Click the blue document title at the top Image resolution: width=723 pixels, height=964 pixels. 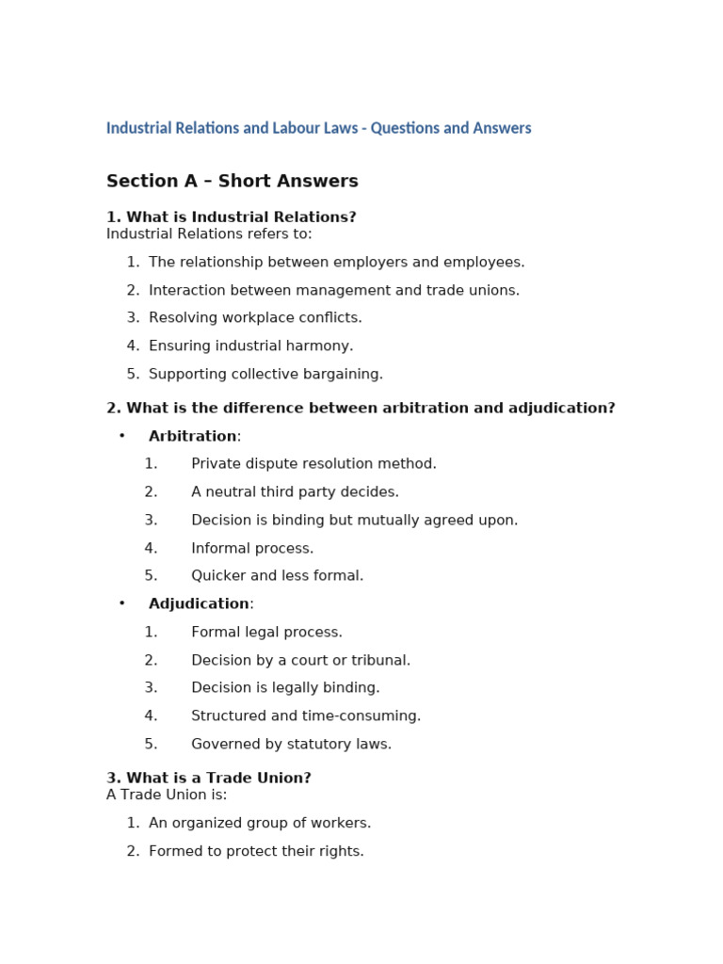pyautogui.click(x=318, y=128)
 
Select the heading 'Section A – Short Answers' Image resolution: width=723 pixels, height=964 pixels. pyautogui.click(x=232, y=182)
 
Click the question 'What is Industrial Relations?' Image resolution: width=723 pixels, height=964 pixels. pyautogui.click(x=232, y=217)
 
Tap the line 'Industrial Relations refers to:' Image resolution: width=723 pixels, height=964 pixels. pyautogui.click(x=209, y=234)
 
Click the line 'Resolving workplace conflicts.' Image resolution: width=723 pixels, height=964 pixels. pyautogui.click(x=255, y=318)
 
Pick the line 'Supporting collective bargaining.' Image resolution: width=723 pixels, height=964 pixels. pyautogui.click(x=265, y=375)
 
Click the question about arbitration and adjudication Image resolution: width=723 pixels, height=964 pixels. pyautogui.click(x=361, y=409)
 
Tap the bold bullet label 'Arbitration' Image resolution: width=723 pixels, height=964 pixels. pyautogui.click(x=192, y=437)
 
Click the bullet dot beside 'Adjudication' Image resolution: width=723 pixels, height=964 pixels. pyautogui.click(x=122, y=603)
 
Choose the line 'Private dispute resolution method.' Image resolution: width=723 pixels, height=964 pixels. pyautogui.click(x=313, y=464)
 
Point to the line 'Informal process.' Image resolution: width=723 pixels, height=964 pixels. pyautogui.click(x=252, y=548)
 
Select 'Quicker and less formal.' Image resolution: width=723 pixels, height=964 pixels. pyautogui.click(x=277, y=576)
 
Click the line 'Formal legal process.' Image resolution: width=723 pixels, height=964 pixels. pyautogui.click(x=266, y=633)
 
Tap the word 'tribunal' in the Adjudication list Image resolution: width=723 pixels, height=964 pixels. pyautogui.click(x=380, y=661)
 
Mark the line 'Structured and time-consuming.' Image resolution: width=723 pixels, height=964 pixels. pyautogui.click(x=306, y=716)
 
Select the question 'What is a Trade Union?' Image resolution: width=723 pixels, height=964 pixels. pyautogui.click(x=209, y=779)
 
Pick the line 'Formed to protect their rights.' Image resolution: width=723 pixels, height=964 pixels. pyautogui.click(x=256, y=852)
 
